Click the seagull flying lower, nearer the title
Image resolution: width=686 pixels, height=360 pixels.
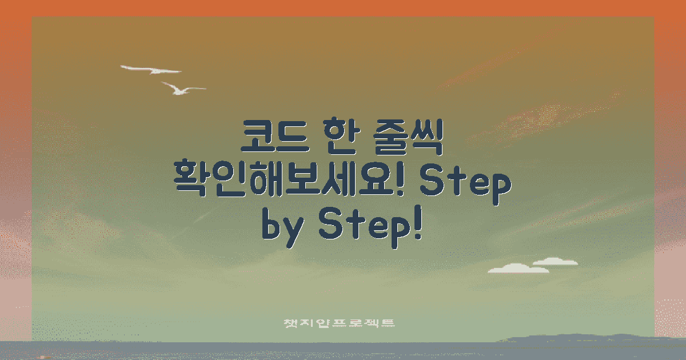pos(182,89)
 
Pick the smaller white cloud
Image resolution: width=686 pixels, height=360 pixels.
pos(555,262)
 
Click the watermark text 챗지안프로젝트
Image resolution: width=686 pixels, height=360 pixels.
pos(340,323)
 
